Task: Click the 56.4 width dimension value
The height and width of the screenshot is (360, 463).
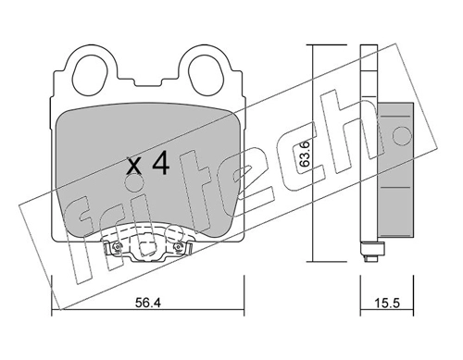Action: (148, 304)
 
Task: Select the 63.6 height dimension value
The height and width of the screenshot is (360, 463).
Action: (305, 155)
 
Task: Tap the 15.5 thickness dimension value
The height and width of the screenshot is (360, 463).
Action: (387, 304)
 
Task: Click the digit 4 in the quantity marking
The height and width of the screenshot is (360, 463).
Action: (161, 163)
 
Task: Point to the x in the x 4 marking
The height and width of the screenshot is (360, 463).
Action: (134, 166)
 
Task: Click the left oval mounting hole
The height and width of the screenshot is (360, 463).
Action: (92, 75)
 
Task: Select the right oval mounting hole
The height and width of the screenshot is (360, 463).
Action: (205, 75)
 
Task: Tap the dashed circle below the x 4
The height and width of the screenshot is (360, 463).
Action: (134, 184)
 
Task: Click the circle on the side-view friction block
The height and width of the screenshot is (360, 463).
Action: (402, 135)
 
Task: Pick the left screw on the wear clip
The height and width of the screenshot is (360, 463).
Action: (117, 246)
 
